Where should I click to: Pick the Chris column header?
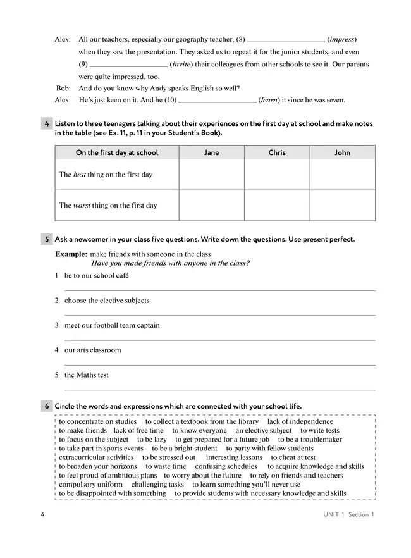[x=277, y=152]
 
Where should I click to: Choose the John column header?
[x=342, y=152]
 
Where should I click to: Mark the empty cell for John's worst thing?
[x=342, y=206]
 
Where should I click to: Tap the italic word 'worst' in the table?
[x=82, y=206]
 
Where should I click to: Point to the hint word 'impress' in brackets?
[x=341, y=39]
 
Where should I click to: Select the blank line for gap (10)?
[x=218, y=101]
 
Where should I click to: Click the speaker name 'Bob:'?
[x=63, y=89]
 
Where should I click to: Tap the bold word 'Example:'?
[x=71, y=254]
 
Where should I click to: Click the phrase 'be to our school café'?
[x=96, y=276]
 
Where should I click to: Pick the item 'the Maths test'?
[x=86, y=375]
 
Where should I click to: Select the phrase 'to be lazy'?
[x=152, y=440]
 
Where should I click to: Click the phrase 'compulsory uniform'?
[x=91, y=485]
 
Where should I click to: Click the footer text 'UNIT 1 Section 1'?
[x=345, y=515]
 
